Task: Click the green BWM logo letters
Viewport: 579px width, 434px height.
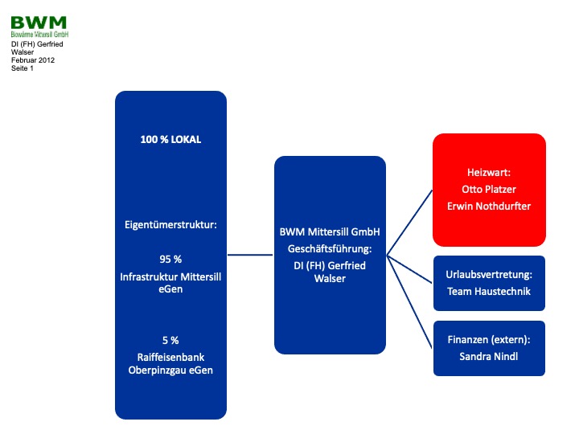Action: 39,23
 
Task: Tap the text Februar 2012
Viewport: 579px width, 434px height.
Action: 33,60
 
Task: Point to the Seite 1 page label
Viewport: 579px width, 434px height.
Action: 23,68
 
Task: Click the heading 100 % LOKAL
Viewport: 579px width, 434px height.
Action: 170,140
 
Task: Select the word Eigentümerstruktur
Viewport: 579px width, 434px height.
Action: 170,225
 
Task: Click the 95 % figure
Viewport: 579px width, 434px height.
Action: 170,259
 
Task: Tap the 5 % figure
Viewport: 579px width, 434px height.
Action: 170,340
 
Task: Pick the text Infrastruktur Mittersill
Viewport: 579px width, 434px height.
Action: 170,276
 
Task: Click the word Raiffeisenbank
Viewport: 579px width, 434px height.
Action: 170,357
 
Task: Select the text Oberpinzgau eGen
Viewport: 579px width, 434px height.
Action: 170,371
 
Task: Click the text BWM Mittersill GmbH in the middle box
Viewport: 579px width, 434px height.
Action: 330,231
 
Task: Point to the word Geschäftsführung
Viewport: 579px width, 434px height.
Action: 329,249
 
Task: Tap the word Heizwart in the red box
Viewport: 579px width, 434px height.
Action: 488,172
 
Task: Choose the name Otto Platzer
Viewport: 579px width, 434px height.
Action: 489,190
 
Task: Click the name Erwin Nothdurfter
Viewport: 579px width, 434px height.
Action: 489,206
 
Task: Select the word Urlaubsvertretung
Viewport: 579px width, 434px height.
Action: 488,275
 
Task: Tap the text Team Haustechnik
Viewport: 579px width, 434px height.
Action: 489,292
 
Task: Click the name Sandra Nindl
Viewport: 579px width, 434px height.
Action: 489,357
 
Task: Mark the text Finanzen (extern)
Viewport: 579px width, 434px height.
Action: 488,340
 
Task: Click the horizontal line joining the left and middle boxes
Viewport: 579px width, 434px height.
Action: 250,255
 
